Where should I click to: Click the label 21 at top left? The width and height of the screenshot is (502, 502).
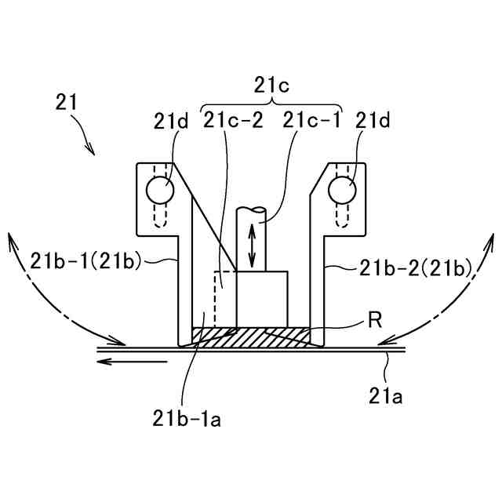(67, 101)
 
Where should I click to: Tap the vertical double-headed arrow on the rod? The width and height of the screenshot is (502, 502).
(253, 245)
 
